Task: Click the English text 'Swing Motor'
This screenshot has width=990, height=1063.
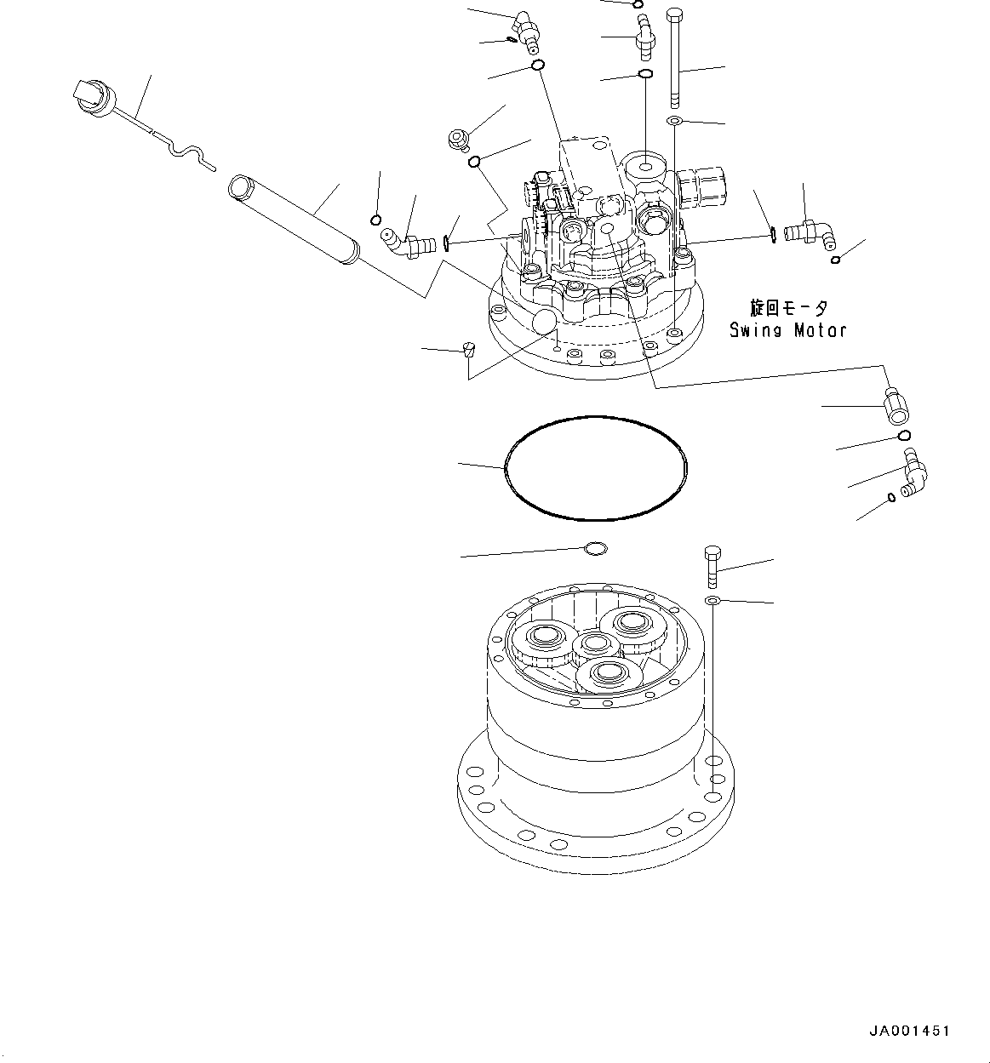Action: coord(787,330)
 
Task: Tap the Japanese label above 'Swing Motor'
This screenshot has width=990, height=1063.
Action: coord(787,308)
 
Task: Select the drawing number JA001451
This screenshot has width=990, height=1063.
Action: coord(908,1031)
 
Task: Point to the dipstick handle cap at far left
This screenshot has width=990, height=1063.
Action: coord(89,94)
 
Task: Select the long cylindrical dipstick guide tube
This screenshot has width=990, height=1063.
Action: coord(295,220)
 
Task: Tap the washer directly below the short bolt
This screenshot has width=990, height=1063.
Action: coord(712,602)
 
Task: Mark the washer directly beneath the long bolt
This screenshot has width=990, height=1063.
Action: coord(673,123)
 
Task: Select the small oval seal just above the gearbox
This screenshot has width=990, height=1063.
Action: coord(596,549)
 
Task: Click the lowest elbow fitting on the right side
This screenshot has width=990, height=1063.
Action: coord(916,473)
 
